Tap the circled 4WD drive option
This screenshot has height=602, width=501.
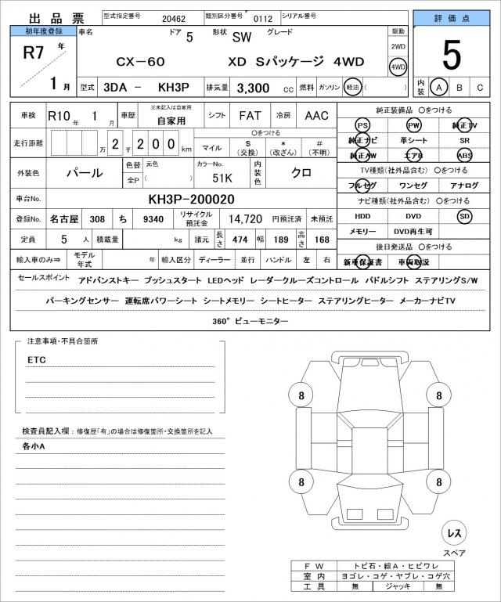(x=398, y=67)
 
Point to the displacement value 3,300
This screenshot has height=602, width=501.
(x=258, y=88)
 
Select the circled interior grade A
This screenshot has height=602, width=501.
(x=441, y=88)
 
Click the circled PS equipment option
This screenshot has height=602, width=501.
(x=362, y=126)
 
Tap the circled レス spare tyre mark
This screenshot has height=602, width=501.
(x=454, y=533)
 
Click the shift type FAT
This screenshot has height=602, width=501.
(x=250, y=116)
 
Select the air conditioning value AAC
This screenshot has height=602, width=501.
(x=316, y=116)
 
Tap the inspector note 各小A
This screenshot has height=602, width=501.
(x=34, y=446)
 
